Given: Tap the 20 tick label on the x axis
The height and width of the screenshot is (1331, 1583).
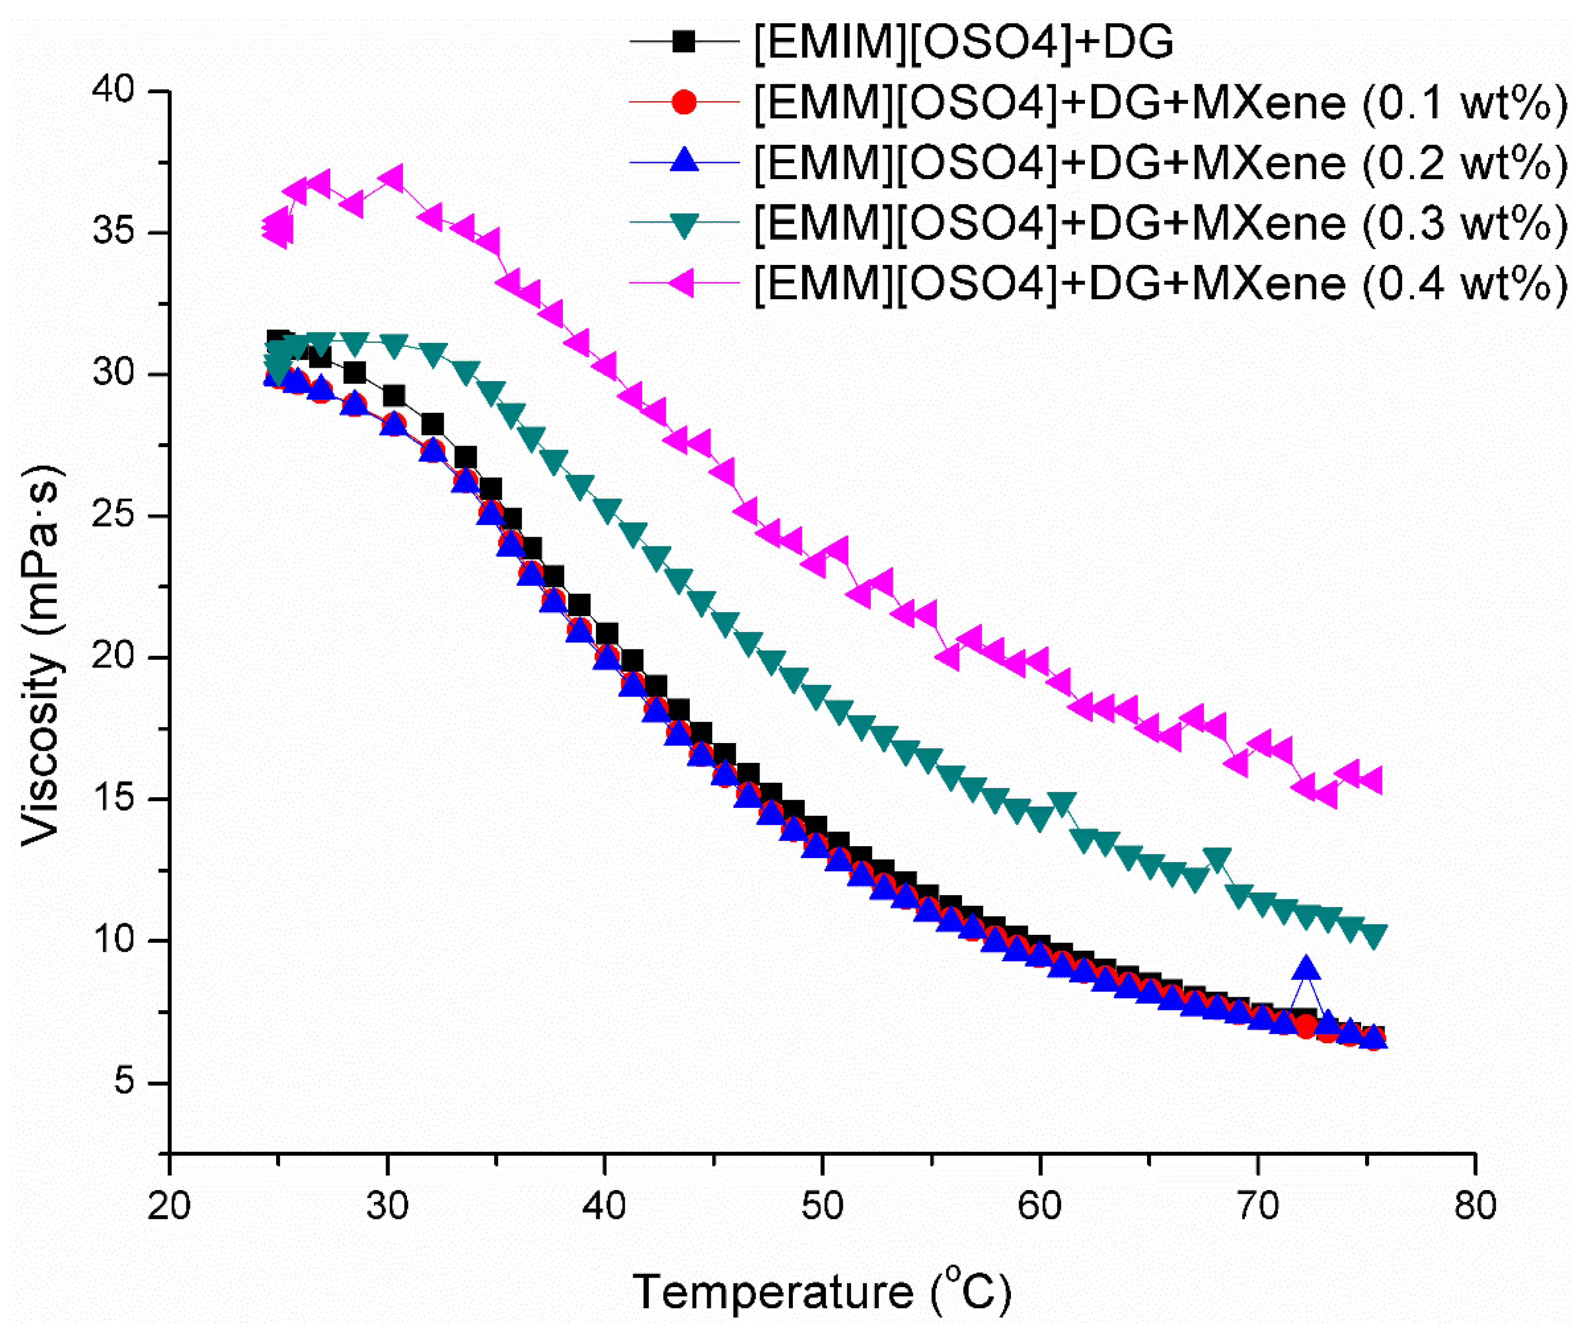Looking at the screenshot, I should pyautogui.click(x=169, y=1206).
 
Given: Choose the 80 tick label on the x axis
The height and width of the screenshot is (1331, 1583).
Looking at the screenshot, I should pyautogui.click(x=1474, y=1206).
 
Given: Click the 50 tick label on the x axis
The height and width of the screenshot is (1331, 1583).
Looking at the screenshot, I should pyautogui.click(x=822, y=1206).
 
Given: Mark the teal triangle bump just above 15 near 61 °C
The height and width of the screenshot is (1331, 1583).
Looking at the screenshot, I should pyautogui.click(x=1062, y=804).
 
